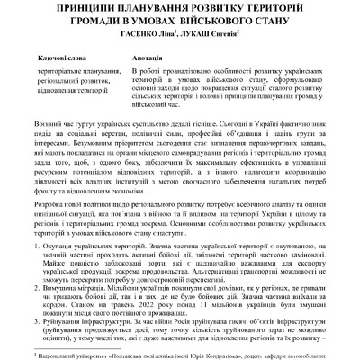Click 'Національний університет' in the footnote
click(63, 355)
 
